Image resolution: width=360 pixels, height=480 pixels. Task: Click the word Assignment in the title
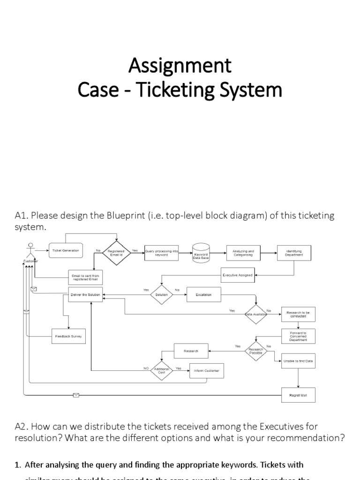[180, 66]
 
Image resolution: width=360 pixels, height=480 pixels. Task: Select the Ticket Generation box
[66, 251]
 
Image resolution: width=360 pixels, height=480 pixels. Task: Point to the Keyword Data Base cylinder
[201, 253]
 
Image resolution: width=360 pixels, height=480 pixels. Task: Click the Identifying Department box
[294, 253]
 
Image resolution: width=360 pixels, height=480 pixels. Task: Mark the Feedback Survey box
[68, 336]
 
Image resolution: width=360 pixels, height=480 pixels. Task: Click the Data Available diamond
[256, 314]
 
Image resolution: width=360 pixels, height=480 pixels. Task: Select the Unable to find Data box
[298, 361]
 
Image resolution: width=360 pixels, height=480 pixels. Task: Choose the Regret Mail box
[298, 395]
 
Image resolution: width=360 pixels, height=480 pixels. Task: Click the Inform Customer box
[206, 371]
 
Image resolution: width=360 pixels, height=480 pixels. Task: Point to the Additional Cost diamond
[161, 370]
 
